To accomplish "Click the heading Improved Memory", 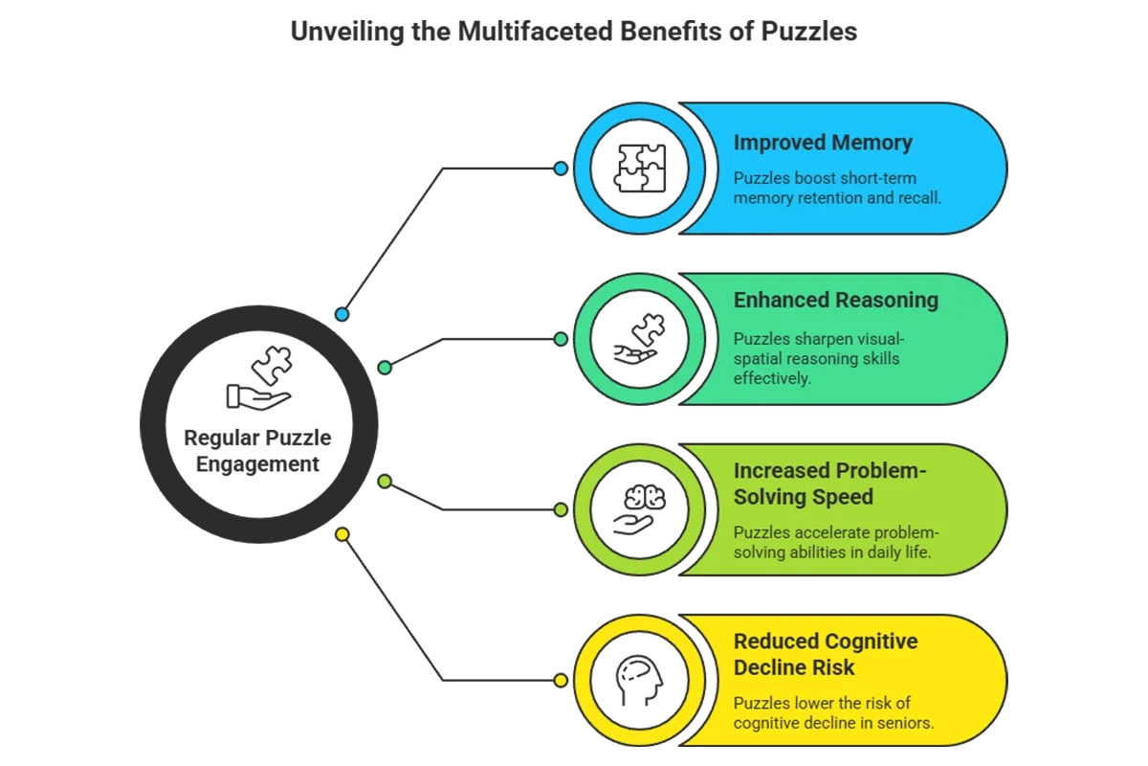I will pos(823,143).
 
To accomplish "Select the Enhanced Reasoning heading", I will pos(835,300).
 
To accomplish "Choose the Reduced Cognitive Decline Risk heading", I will pos(825,654).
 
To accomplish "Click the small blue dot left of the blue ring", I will pos(561,169).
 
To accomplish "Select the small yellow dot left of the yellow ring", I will pos(561,681).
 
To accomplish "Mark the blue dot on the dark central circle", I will pos(342,314).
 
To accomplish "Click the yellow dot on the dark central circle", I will pos(342,534).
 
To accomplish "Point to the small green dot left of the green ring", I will pos(561,339).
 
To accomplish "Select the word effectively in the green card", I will pos(772,378).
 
